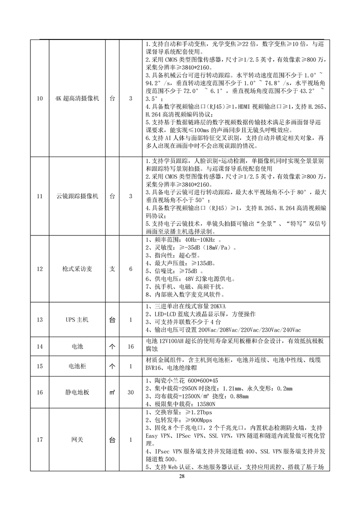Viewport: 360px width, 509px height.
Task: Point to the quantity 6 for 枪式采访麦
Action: tap(131, 269)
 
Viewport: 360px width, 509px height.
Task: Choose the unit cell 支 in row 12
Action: tap(113, 269)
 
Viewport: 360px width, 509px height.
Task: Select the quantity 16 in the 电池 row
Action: tap(131, 347)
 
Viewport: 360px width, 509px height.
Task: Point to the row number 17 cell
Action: tap(39, 440)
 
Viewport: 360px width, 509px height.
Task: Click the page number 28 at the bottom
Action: tap(182, 476)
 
